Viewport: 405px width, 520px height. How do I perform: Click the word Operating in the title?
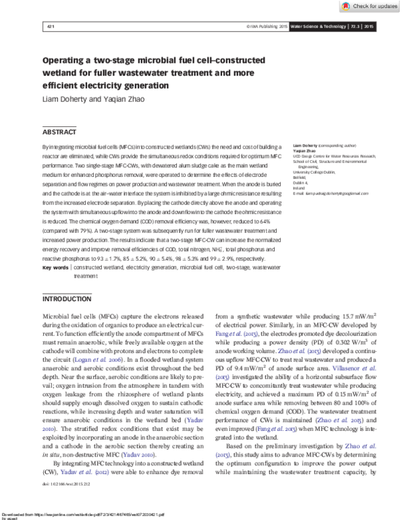(x=68, y=61)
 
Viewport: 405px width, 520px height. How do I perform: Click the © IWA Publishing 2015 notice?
(x=267, y=27)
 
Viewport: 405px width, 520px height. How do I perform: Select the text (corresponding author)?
(x=340, y=145)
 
